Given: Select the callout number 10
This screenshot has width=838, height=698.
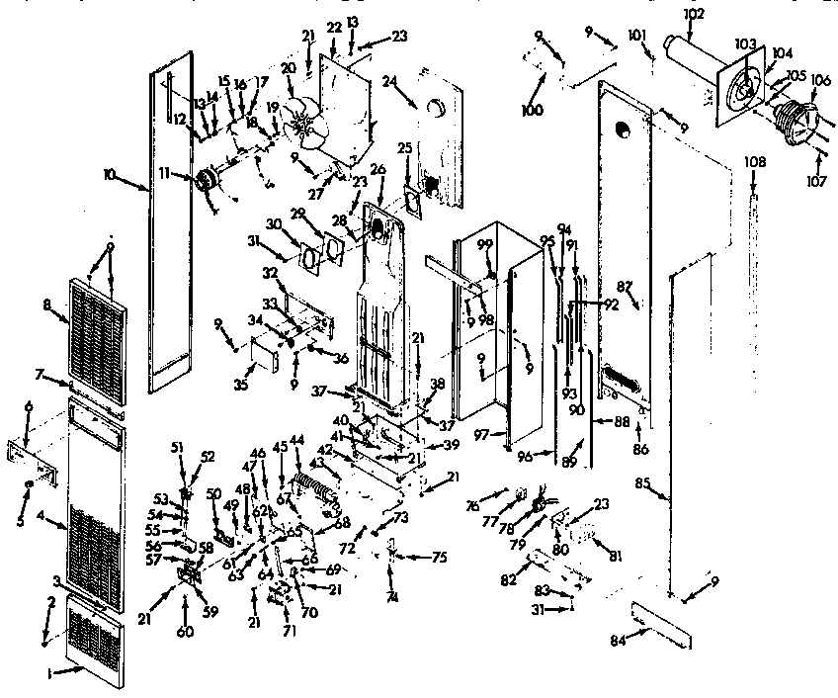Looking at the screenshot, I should tap(109, 175).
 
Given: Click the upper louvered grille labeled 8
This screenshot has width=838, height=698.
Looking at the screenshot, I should tap(99, 340).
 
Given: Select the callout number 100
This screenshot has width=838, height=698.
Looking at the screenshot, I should tap(532, 110).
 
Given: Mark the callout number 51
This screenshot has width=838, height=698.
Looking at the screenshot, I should tap(178, 447).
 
